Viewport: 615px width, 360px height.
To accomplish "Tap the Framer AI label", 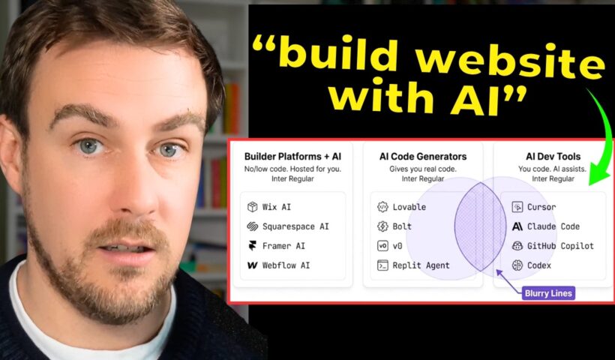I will coord(277,246).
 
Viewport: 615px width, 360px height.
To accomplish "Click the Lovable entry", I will coord(409,207).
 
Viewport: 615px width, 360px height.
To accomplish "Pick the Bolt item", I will coord(402,226).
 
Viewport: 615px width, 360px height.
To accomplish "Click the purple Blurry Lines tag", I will coord(549,293).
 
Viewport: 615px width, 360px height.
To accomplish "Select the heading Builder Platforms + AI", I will coord(292,157).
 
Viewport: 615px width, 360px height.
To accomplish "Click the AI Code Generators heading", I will coord(424,157).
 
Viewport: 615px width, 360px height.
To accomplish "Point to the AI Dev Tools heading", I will coord(553,157).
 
